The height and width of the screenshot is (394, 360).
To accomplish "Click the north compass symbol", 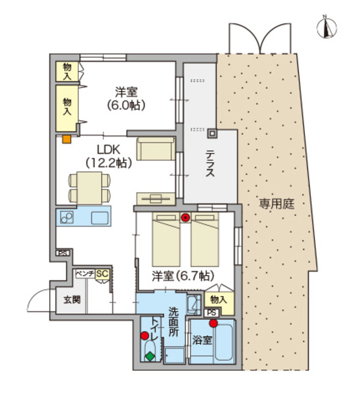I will pos(326,27).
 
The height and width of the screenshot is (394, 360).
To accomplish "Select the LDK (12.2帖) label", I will pos(108,156).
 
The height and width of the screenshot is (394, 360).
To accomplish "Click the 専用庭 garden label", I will pos(276,204).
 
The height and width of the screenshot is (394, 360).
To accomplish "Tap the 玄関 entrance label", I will pos(72,300).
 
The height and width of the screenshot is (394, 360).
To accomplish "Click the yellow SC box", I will pos(102,274).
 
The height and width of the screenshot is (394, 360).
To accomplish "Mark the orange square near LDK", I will pos(66,139).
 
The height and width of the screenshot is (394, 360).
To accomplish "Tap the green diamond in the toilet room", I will pos(150,357).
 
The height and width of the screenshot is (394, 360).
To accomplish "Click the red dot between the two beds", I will pos(186,217).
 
